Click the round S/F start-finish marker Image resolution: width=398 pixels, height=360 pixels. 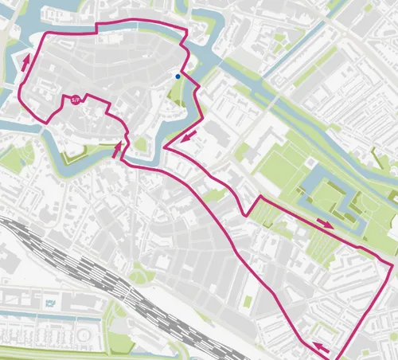tap(76, 100)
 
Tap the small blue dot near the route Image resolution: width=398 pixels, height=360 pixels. tap(178, 77)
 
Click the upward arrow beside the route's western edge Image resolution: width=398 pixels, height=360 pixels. tap(28, 61)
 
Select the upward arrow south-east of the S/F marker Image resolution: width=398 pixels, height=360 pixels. tap(119, 147)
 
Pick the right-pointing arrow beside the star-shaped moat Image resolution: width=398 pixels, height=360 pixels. tap(326, 223)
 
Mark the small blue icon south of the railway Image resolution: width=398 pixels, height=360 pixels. tap(52, 303)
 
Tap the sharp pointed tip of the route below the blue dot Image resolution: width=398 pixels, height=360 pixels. tap(164, 147)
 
